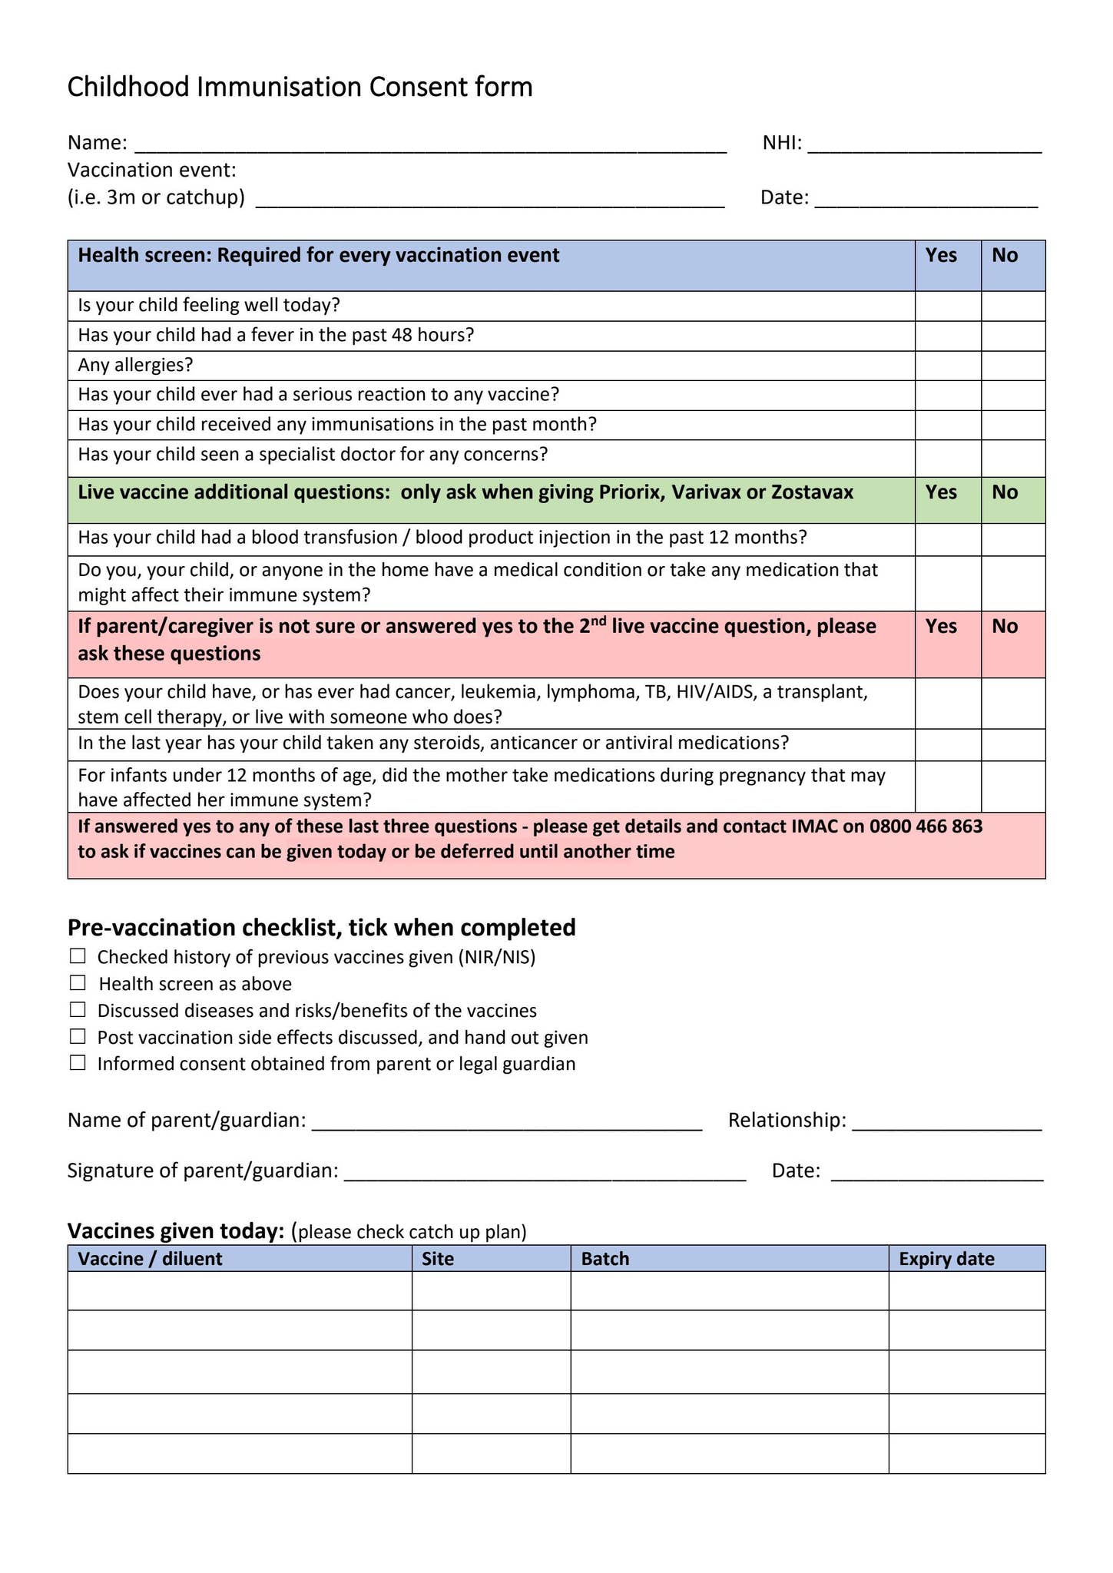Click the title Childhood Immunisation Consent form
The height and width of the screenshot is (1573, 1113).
(x=300, y=88)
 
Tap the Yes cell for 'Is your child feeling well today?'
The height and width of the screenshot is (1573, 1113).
(x=947, y=306)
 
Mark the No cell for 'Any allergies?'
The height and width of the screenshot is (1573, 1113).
(x=1012, y=366)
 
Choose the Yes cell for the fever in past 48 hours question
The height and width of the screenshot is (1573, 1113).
(x=947, y=336)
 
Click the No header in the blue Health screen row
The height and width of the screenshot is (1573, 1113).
(x=1005, y=256)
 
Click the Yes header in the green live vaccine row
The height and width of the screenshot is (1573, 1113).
(x=941, y=492)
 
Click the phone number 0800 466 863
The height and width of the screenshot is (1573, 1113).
(x=926, y=826)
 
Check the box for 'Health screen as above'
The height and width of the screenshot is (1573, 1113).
(x=78, y=983)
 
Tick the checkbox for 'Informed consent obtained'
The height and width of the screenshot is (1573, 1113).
(x=78, y=1063)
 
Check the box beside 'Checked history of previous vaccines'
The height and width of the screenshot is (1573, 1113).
(x=78, y=956)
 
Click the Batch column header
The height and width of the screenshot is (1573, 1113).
(x=605, y=1259)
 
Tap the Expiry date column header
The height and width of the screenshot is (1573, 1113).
(x=946, y=1259)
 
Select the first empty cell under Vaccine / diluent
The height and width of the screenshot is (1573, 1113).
(x=240, y=1291)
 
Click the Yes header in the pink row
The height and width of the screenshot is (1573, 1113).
(x=941, y=627)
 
